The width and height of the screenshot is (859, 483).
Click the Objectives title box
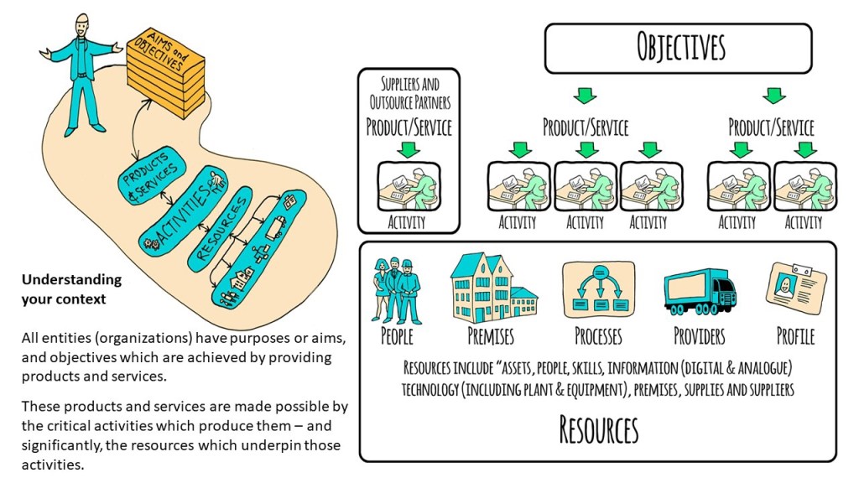tap(679, 48)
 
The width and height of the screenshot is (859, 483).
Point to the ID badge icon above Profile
tap(797, 289)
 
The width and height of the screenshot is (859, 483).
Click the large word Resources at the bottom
tap(598, 429)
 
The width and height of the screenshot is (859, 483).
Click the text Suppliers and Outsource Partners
tap(409, 93)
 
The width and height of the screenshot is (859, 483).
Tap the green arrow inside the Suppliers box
tap(409, 149)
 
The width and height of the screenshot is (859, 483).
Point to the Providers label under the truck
tap(699, 336)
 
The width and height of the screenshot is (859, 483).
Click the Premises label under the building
tap(491, 336)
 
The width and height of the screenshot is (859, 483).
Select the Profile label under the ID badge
tap(795, 336)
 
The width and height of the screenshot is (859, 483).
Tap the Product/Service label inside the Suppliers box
tap(409, 127)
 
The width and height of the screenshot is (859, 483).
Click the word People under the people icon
tap(397, 336)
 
